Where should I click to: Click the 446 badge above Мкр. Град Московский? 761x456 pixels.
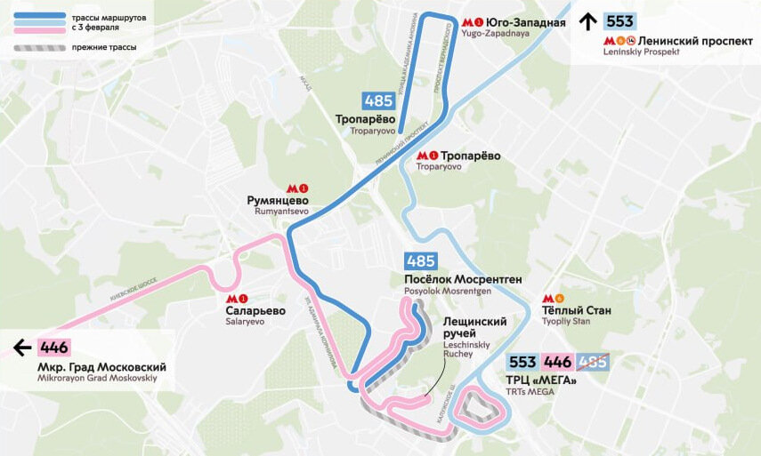[x=53, y=348]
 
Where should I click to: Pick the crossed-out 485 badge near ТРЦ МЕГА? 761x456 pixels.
[x=592, y=363]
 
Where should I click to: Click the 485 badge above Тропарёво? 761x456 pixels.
[x=378, y=100]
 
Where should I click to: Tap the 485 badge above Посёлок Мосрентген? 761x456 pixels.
[x=420, y=260]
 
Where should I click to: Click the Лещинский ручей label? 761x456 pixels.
[x=474, y=328]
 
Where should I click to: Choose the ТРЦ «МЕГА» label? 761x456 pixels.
[x=542, y=380]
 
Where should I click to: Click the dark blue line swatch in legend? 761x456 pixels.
[x=35, y=16]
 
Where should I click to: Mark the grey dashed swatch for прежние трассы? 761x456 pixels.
[x=35, y=46]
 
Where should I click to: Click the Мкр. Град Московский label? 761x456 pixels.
[x=101, y=367]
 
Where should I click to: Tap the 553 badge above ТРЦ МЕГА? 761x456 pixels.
[x=523, y=363]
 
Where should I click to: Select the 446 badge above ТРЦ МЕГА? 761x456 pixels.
[x=557, y=363]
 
